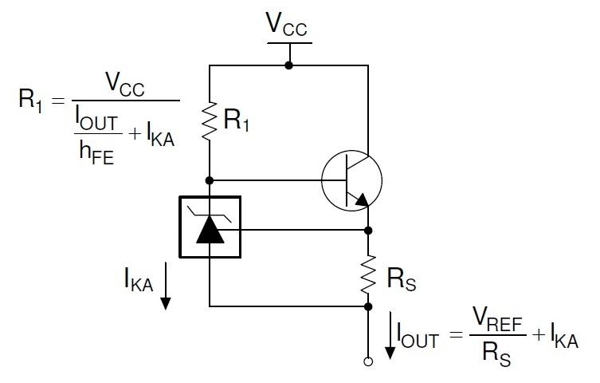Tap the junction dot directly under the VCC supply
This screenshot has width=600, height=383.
point(288,65)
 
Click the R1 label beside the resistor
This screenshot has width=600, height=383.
point(237,120)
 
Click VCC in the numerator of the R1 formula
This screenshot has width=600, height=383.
point(125,85)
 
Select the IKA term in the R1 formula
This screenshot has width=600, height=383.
point(155,138)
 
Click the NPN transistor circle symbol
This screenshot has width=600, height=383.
point(351,181)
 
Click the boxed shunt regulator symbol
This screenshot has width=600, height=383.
point(210,227)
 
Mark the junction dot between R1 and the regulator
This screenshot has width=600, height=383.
point(210,180)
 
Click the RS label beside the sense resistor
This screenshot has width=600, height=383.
point(400,279)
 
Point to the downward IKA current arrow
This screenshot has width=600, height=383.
point(167,290)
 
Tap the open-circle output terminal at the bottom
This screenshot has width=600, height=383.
point(368,361)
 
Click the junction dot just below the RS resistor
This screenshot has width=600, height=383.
point(368,306)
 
